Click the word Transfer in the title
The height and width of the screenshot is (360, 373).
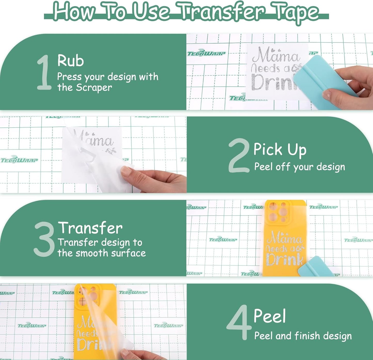point(222,12)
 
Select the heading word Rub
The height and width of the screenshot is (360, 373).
point(70,61)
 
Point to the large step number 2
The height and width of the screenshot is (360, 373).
point(239,155)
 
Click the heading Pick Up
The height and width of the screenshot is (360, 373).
point(280,150)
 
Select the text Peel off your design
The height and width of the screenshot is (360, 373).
point(299,167)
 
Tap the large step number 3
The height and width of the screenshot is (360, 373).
point(44,239)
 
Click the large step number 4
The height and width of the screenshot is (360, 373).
point(239,322)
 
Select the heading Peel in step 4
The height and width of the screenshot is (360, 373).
point(270,316)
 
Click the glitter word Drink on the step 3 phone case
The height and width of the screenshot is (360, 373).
point(284,260)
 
